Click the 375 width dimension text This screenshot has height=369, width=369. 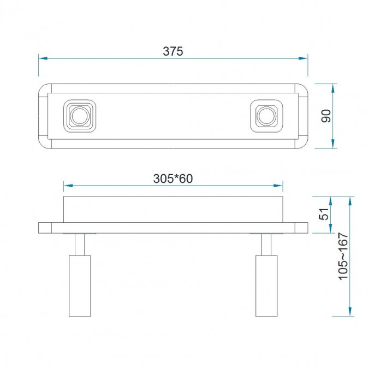[x=172, y=51]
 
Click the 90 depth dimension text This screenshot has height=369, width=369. [x=326, y=116]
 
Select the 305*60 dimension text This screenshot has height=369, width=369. [x=173, y=178]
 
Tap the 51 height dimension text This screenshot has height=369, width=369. [x=324, y=214]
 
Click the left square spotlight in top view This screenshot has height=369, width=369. [x=79, y=116]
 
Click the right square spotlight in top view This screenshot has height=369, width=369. [x=267, y=116]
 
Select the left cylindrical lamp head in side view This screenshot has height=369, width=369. [x=79, y=285]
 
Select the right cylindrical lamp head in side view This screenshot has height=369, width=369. [x=266, y=285]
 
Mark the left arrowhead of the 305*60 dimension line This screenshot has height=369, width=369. [x=67, y=186]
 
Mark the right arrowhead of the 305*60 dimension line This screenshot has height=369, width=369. [x=279, y=186]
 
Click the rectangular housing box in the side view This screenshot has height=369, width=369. [x=173, y=209]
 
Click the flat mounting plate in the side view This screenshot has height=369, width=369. [x=173, y=227]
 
